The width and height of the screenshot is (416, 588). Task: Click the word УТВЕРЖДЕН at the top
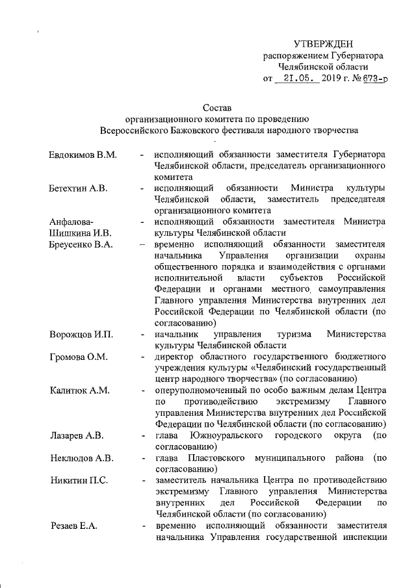pos(323,44)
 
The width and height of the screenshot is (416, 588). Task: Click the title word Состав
pos(216,107)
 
